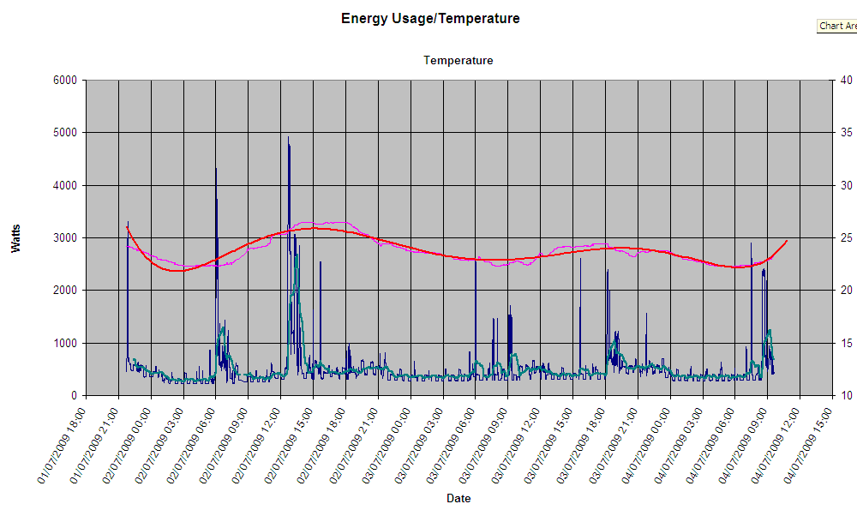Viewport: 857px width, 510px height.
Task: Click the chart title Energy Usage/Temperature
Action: [x=429, y=18]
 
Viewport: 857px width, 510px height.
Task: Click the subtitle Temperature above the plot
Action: [x=458, y=61]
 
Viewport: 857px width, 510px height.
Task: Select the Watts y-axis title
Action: [x=16, y=237]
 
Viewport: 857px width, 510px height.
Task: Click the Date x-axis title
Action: [x=458, y=498]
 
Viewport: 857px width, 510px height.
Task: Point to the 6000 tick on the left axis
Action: [x=65, y=81]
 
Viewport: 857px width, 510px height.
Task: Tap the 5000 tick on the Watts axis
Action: [x=65, y=133]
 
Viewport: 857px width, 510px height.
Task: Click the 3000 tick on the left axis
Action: [x=65, y=237]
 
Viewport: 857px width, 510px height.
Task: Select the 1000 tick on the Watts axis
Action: [x=65, y=343]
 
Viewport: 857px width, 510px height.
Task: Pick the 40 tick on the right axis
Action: [x=846, y=81]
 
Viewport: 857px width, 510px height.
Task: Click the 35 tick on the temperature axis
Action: [x=846, y=133]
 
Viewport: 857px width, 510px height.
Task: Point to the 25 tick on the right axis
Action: [x=846, y=237]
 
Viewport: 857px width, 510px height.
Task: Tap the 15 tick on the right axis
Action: [x=846, y=343]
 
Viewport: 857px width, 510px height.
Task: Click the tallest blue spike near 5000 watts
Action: [x=288, y=138]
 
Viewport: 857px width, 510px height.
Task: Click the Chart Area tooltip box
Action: [x=837, y=26]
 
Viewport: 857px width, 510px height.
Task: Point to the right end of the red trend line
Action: [x=787, y=241]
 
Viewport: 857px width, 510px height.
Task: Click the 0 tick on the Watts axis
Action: [x=75, y=395]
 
